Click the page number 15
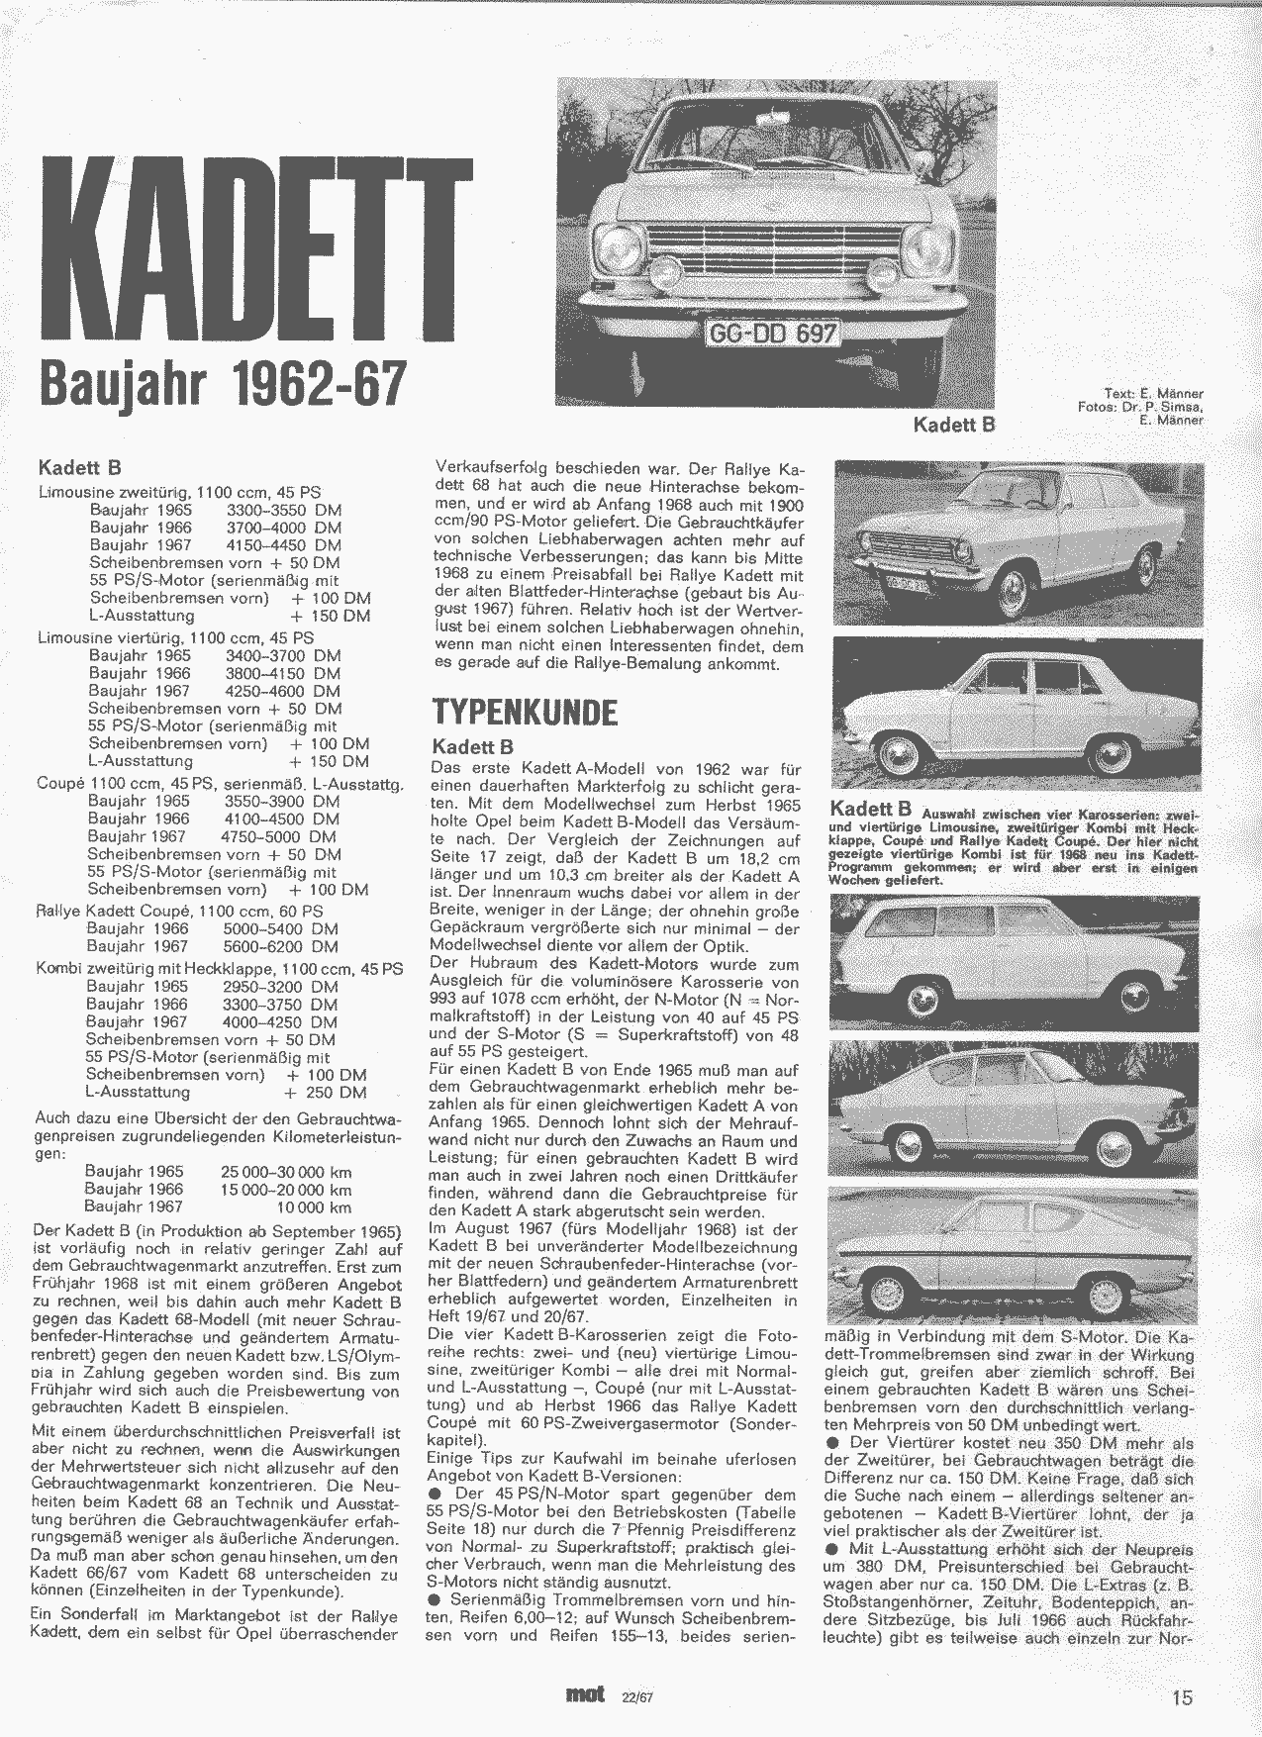tap(1182, 1697)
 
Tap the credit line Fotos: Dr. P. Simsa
tap(1140, 407)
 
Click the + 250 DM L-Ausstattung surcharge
tap(325, 1092)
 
